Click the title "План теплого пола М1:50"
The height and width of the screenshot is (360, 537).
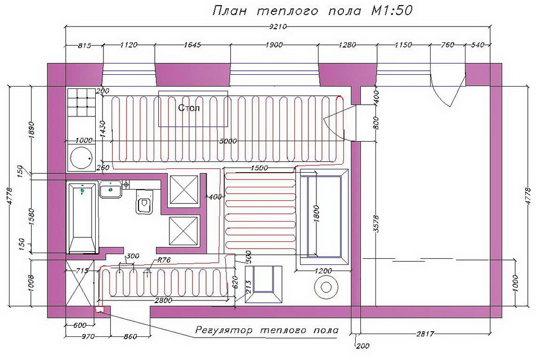point(312,11)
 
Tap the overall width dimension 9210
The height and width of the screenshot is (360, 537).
point(278,26)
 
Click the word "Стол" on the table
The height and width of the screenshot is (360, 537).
point(189,108)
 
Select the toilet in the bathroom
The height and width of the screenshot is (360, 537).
point(145,202)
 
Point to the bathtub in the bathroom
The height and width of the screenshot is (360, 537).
point(82,218)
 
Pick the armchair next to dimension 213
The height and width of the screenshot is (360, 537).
point(263,285)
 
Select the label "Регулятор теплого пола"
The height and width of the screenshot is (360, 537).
point(267,330)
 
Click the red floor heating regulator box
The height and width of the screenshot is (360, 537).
point(100,309)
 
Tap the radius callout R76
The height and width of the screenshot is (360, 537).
point(164,260)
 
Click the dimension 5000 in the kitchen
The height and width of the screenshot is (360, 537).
point(228,141)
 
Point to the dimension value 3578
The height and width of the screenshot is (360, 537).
point(377,223)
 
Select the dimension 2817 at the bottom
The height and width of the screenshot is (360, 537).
point(424,334)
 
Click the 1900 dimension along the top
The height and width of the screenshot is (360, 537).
point(274,45)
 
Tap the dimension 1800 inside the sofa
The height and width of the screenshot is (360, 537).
point(316,214)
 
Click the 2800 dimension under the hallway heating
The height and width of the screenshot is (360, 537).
point(163,300)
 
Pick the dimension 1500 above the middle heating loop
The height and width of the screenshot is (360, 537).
point(259,168)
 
